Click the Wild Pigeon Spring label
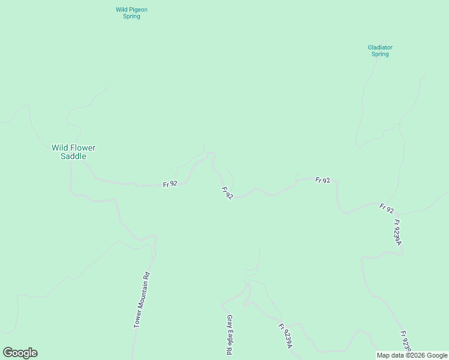click(131, 13)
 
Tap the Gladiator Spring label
click(380, 50)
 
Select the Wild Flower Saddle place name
click(73, 152)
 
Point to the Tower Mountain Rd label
click(141, 299)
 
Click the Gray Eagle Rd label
click(229, 335)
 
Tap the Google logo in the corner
click(20, 353)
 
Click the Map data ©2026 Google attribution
click(412, 355)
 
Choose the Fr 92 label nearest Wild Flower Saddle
click(170, 184)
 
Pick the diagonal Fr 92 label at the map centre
click(227, 193)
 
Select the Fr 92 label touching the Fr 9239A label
click(387, 209)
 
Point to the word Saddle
click(74, 156)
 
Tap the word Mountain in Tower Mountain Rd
click(141, 298)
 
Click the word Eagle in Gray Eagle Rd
click(229, 335)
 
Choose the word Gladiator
click(380, 47)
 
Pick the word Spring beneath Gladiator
click(380, 54)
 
